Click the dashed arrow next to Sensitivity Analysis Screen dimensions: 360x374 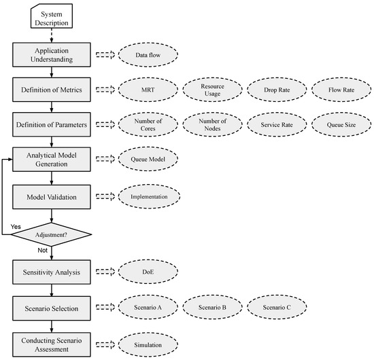[105, 272]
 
